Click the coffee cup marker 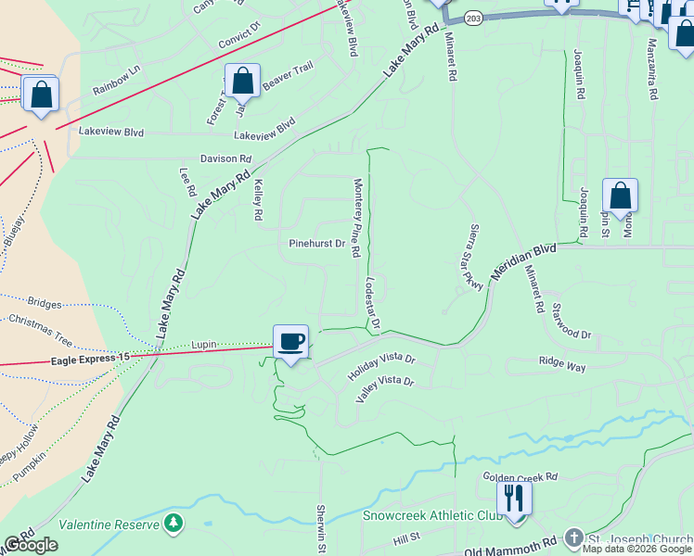(291, 342)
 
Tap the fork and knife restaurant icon (513, 499)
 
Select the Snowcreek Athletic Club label (432, 516)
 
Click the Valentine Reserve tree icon (173, 524)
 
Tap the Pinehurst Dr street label (316, 245)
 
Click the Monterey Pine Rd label (355, 219)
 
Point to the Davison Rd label (226, 159)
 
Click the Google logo (32, 545)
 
